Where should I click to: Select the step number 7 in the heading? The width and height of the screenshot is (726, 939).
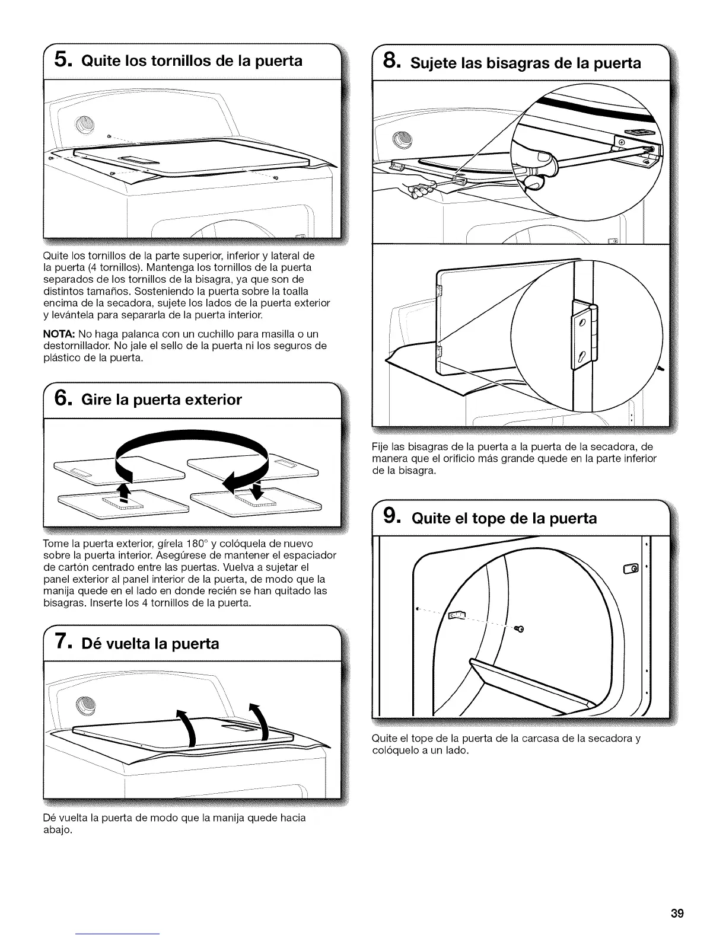tap(60, 643)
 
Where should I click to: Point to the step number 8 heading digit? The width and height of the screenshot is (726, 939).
tap(389, 61)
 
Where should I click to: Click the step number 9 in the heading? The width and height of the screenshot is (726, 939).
tap(389, 518)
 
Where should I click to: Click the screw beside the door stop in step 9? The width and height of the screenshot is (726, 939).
tap(521, 628)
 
